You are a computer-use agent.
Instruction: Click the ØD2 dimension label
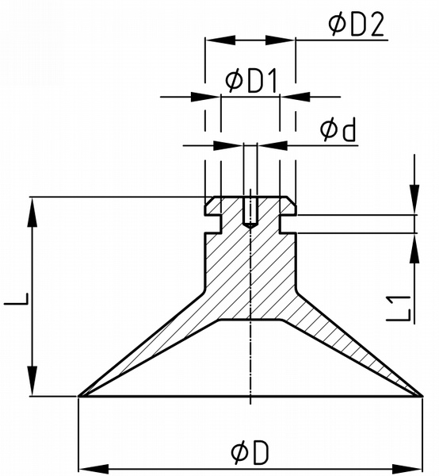(x=357, y=25)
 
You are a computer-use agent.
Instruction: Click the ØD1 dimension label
(x=251, y=81)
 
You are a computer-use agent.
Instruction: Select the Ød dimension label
(x=338, y=130)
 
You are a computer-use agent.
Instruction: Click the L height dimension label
(x=17, y=298)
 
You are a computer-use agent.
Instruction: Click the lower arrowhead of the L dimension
(x=32, y=381)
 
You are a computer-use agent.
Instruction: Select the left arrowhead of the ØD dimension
(x=94, y=469)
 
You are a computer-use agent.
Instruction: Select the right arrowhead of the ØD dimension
(x=408, y=469)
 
